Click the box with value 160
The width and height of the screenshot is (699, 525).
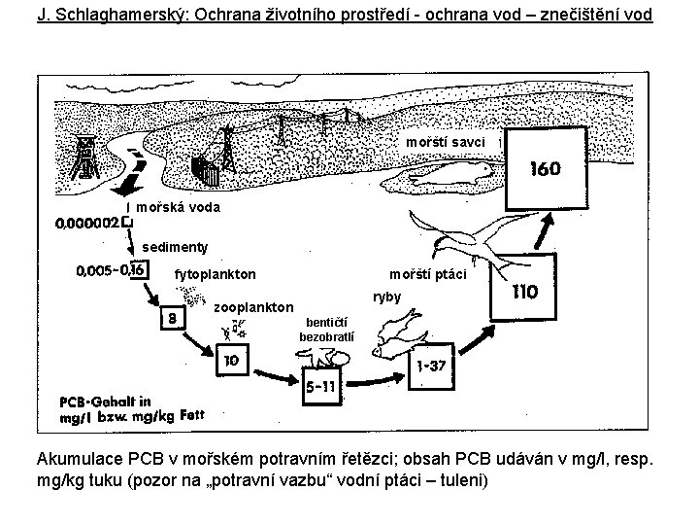(544, 170)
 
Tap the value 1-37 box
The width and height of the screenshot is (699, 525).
(431, 366)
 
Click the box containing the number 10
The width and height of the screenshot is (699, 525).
(231, 360)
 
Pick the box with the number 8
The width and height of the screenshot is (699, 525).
(172, 316)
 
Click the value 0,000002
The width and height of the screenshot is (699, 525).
(89, 223)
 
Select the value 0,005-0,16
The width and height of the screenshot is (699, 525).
(110, 269)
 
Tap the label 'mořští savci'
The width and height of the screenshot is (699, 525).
(446, 143)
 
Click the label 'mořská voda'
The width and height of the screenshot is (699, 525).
(178, 207)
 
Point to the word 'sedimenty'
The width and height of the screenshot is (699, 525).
(176, 247)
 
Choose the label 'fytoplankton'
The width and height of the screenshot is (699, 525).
(215, 275)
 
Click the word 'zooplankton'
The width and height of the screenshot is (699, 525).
(252, 307)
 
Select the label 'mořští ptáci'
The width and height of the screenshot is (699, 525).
(427, 275)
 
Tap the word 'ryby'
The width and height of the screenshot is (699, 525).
(386, 296)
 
